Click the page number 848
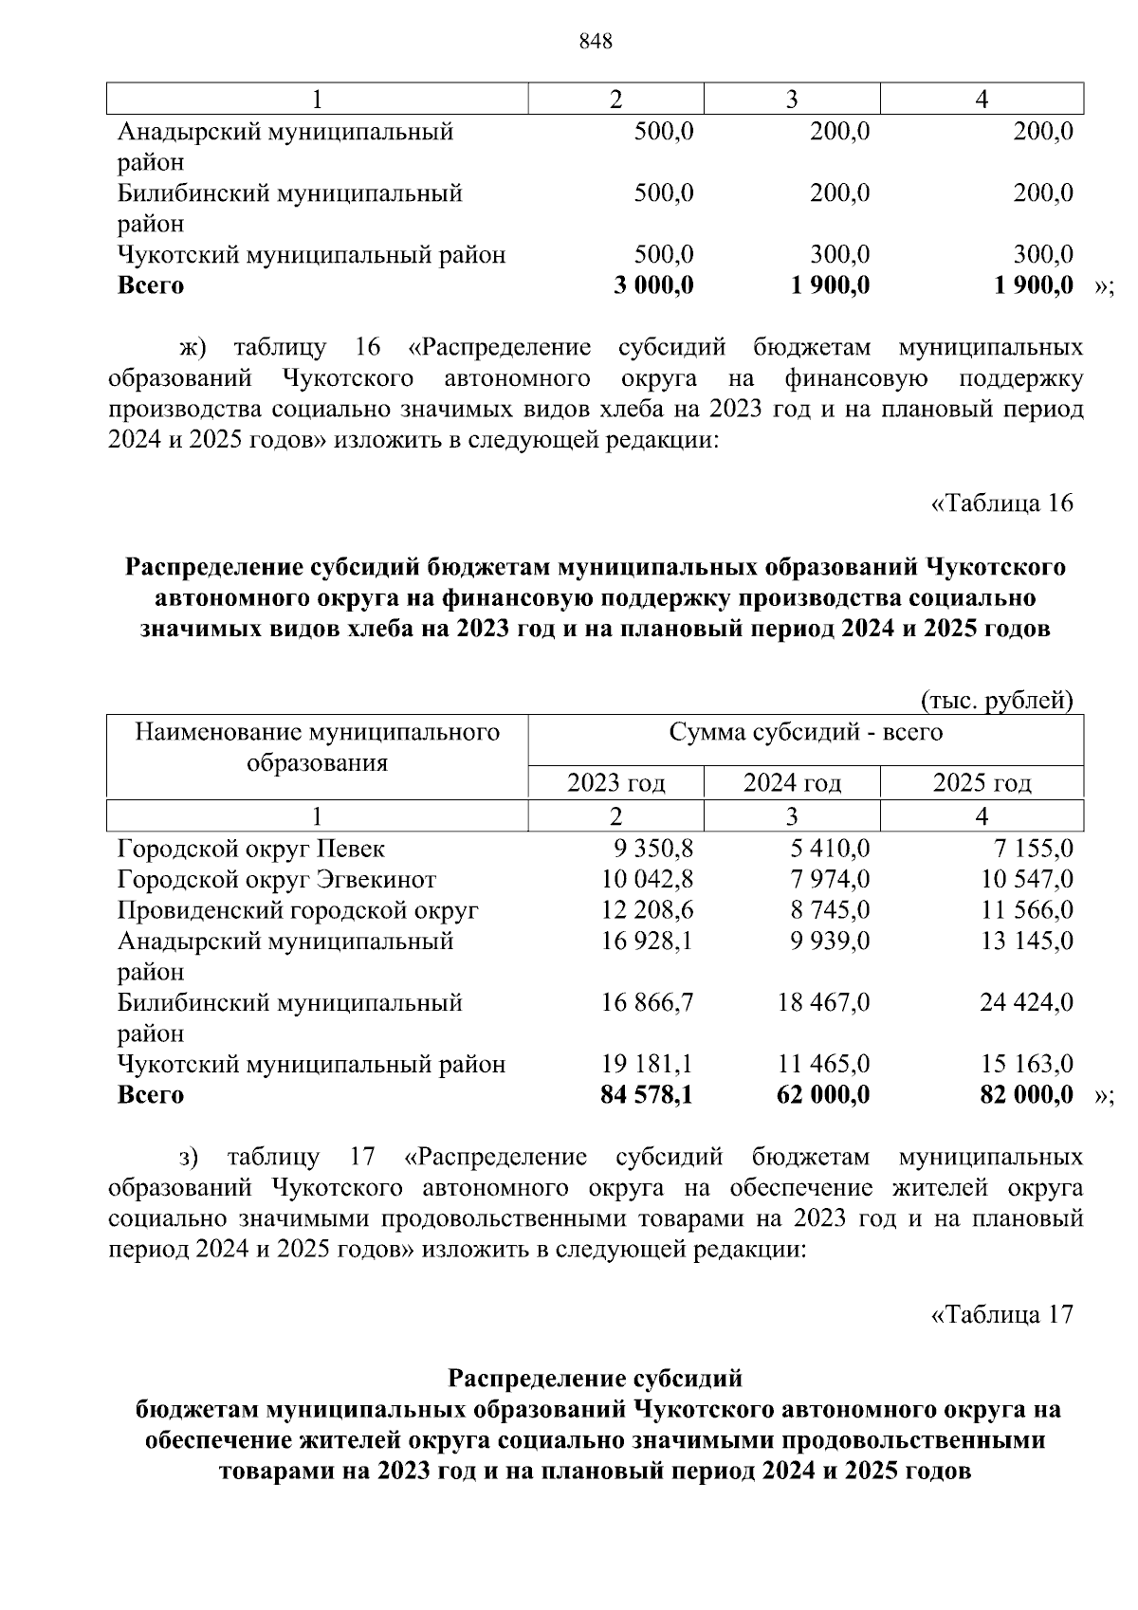point(596,42)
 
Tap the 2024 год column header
point(792,783)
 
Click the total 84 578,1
point(647,1095)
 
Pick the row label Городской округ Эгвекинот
point(277,880)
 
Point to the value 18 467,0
point(823,1002)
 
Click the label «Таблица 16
point(1002,503)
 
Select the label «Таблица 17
point(1002,1314)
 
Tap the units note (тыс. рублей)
point(997,701)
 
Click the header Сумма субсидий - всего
point(805,733)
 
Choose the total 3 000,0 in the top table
point(653,285)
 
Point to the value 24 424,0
point(1026,1002)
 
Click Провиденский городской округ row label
point(298,910)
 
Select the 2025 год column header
point(982,783)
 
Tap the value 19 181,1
point(647,1064)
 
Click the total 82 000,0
point(1026,1095)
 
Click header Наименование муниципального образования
point(317,747)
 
